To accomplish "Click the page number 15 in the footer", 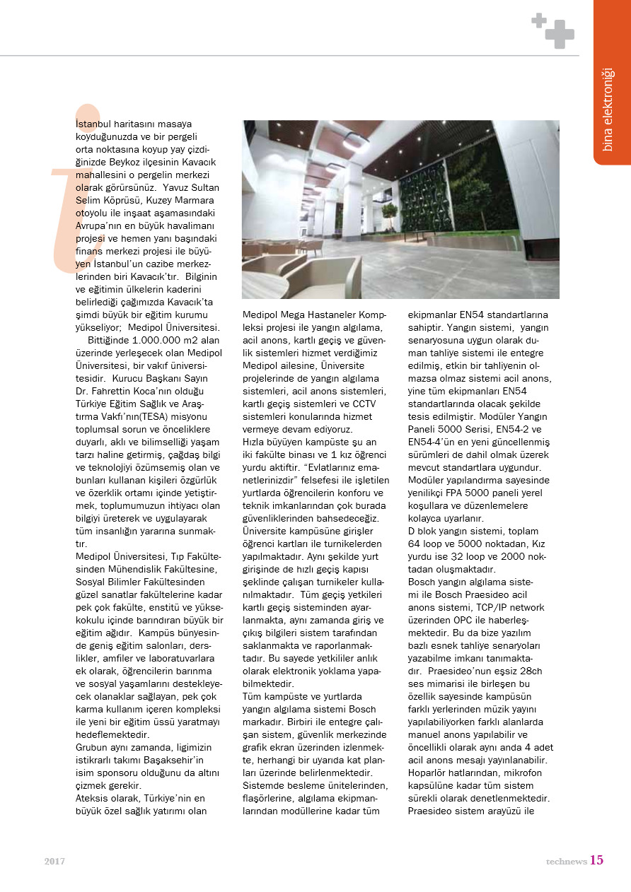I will [x=596, y=860].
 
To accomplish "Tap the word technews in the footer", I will [x=566, y=862].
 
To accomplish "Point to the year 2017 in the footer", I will [x=55, y=862].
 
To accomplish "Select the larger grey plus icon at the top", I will [x=560, y=34].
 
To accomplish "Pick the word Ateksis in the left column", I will [x=93, y=798].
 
